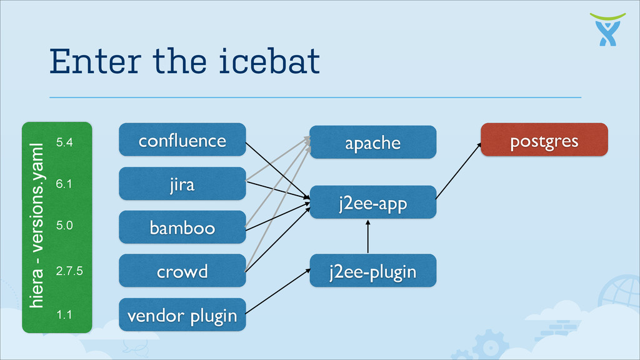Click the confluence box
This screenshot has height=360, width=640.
coord(182,140)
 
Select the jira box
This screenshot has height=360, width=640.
coord(182,184)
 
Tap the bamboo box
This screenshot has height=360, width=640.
coord(182,227)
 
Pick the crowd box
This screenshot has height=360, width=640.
coord(182,271)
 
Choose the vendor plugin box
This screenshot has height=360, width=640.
coord(182,315)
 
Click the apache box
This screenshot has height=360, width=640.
coord(372,142)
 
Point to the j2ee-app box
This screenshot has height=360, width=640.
coord(372,202)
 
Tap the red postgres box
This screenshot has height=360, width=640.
coord(544,140)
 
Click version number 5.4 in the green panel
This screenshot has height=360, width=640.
coord(64,142)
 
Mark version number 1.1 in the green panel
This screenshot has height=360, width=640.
coord(64,314)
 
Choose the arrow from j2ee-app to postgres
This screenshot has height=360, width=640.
coord(458,171)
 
